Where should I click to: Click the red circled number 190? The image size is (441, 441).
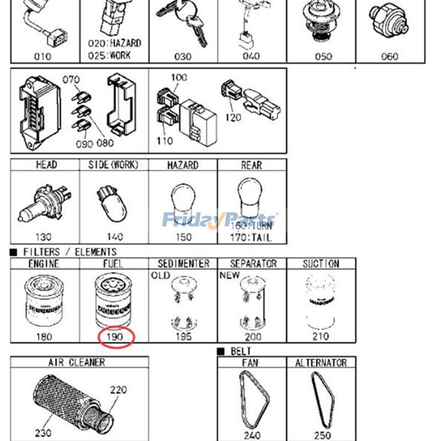[116, 336]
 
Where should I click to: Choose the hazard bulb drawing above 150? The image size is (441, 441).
[182, 201]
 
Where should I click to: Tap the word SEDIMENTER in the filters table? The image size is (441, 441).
[183, 264]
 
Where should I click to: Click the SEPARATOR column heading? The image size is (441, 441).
[253, 264]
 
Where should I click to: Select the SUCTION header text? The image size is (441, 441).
[321, 264]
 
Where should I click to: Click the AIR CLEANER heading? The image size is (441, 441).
[77, 363]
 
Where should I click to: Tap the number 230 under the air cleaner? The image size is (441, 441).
[43, 433]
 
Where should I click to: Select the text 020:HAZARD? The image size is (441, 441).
[115, 43]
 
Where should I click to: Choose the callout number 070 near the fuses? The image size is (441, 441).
[71, 79]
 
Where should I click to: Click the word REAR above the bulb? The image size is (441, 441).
[251, 165]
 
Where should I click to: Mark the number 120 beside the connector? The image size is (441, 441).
[233, 117]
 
